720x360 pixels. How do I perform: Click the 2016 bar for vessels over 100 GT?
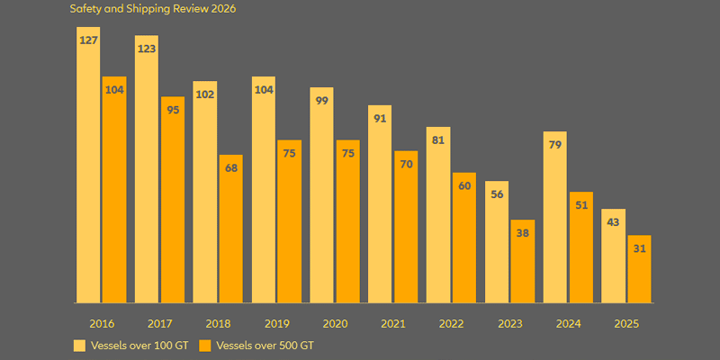click(x=88, y=165)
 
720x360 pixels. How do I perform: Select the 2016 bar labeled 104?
click(x=114, y=190)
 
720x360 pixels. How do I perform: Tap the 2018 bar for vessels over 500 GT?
click(x=231, y=229)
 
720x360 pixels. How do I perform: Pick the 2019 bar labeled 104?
click(x=264, y=190)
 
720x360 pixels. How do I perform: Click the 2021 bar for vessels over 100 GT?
click(x=380, y=204)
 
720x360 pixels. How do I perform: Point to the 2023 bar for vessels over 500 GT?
click(x=523, y=261)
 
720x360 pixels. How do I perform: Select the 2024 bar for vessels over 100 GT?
click(x=554, y=217)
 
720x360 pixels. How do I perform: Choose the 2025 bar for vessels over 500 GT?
click(x=639, y=269)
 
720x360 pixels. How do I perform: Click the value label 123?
click(x=147, y=49)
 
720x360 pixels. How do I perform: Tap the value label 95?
click(x=173, y=110)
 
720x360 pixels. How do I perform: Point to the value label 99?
click(x=322, y=101)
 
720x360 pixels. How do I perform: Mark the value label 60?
click(x=464, y=186)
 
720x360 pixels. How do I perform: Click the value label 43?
click(x=613, y=222)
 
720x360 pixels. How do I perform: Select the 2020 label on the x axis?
click(x=335, y=324)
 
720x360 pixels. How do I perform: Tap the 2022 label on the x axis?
click(x=452, y=324)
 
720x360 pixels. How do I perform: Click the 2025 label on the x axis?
click(x=626, y=324)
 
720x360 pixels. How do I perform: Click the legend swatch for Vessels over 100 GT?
click(x=79, y=346)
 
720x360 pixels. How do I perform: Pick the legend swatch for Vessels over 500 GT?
click(x=204, y=346)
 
